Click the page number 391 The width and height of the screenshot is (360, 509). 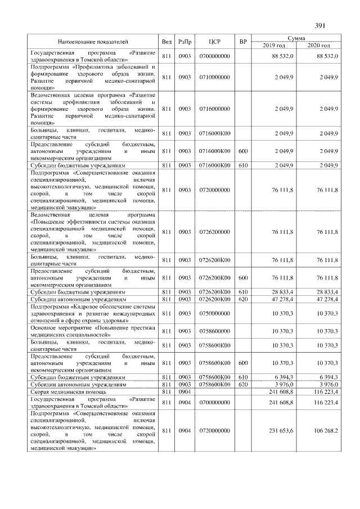point(320,25)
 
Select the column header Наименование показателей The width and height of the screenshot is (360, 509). point(93,42)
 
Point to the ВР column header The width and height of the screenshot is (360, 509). point(243,42)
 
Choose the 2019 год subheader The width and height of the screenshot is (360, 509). point(274,45)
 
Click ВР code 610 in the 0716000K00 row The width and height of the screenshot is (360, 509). point(243,166)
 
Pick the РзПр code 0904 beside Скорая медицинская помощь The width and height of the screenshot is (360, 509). point(185,391)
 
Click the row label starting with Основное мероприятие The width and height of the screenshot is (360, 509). point(93,331)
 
